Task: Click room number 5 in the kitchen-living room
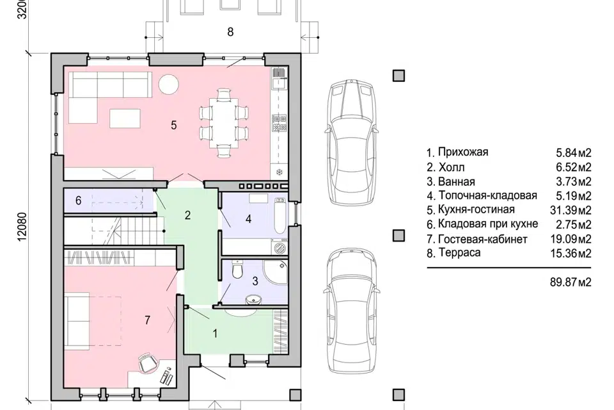pyautogui.click(x=174, y=125)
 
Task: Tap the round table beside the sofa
pyautogui.click(x=169, y=84)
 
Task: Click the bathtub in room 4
pyautogui.click(x=279, y=215)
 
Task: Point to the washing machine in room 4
pyautogui.click(x=280, y=248)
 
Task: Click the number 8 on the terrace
pyautogui.click(x=230, y=32)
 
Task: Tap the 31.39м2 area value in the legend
pyautogui.click(x=571, y=210)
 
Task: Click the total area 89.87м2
pyautogui.click(x=571, y=282)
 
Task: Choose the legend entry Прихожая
pyautogui.click(x=463, y=152)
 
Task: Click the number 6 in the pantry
pyautogui.click(x=78, y=201)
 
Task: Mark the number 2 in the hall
pyautogui.click(x=187, y=215)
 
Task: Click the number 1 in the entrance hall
pyautogui.click(x=215, y=334)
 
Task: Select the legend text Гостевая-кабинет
pyautogui.click(x=483, y=239)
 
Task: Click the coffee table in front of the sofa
pyautogui.click(x=125, y=118)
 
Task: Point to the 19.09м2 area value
pyautogui.click(x=571, y=239)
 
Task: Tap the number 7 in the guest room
pyautogui.click(x=147, y=320)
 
